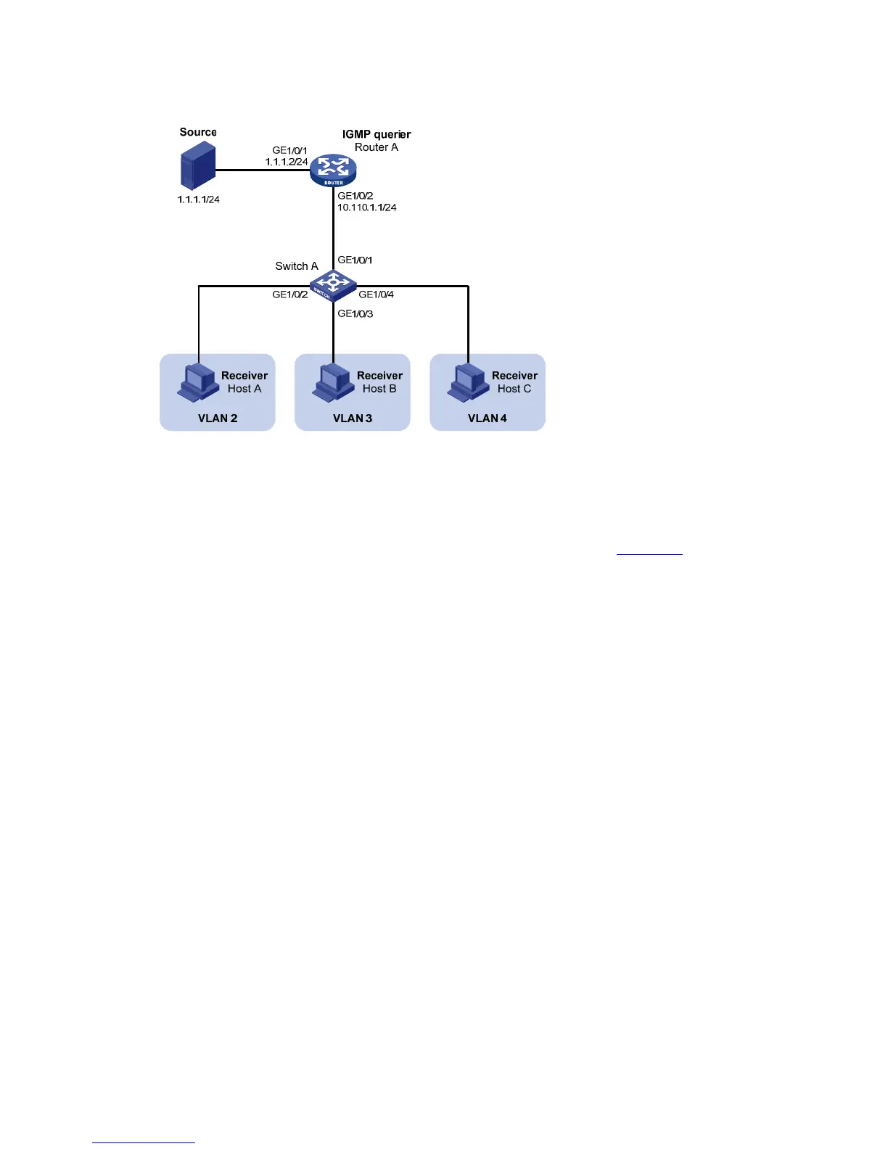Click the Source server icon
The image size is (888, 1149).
coord(197,165)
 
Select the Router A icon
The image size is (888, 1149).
coord(333,170)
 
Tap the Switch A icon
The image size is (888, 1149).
coord(333,286)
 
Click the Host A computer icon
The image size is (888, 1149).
coord(197,382)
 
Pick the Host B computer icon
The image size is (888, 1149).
coord(332,382)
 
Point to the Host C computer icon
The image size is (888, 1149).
coord(467,382)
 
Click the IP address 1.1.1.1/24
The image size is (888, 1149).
coord(198,199)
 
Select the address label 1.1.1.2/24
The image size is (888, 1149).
coord(286,162)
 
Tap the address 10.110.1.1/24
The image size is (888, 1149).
coord(366,207)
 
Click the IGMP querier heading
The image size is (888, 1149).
coord(377,134)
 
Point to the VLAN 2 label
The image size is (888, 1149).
coord(218,419)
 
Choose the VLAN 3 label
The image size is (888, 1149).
coord(353,419)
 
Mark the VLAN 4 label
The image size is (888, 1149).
coord(488,419)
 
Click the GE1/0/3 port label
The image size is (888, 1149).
coord(355,314)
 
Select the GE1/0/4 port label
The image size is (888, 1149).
coord(376,295)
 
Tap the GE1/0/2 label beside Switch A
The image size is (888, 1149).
coord(289,295)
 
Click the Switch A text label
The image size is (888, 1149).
coord(297,266)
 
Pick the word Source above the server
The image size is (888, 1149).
coord(198,132)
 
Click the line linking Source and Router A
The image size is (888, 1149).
coord(261,170)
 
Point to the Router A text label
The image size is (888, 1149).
coord(377,147)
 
